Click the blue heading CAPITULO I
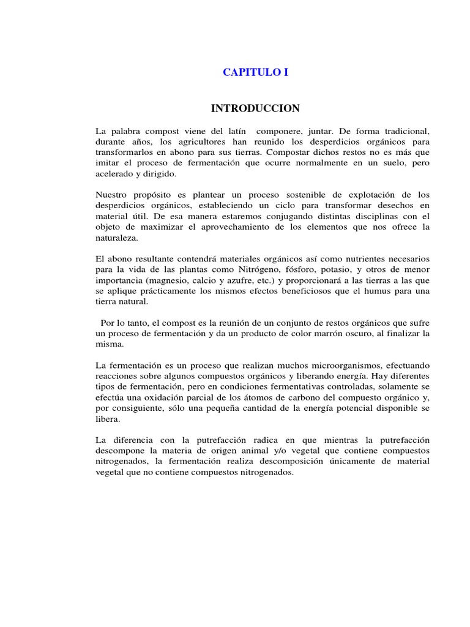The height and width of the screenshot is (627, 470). [255, 72]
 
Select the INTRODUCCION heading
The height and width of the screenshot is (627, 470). [255, 109]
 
